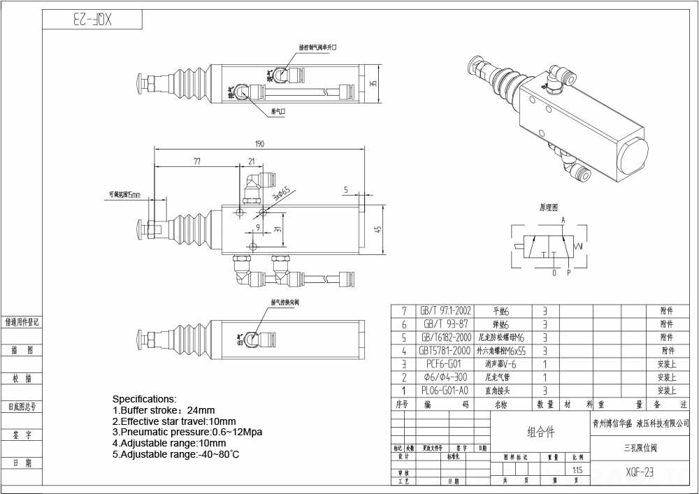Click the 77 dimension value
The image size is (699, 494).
point(197,161)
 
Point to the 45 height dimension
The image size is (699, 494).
point(377,230)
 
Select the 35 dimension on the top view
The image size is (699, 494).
point(373,84)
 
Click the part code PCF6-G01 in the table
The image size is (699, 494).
point(443,364)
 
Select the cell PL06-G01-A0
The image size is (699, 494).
point(444,391)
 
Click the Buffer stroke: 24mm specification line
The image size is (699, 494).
point(164,410)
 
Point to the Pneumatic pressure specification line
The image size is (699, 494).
point(187,433)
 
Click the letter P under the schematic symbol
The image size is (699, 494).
point(568,273)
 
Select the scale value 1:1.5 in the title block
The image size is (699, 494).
point(576,470)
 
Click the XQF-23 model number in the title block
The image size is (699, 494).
point(640,472)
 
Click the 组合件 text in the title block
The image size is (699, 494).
point(540,433)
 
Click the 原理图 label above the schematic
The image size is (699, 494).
point(549,208)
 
